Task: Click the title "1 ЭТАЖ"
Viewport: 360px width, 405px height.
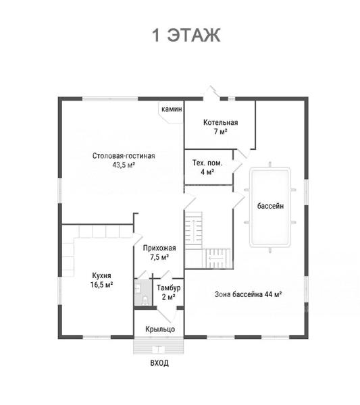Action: [186, 35]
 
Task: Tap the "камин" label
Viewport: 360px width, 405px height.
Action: [172, 109]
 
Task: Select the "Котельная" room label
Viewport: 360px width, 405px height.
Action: [220, 122]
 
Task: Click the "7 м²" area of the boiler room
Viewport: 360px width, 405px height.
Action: [220, 132]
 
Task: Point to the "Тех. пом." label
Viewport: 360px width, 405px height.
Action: [207, 163]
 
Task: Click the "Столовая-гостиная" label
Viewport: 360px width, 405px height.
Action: [124, 156]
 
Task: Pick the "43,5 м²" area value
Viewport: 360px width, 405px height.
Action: [124, 165]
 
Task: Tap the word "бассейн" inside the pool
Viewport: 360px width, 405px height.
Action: [270, 206]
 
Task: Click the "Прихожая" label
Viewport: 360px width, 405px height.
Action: [159, 248]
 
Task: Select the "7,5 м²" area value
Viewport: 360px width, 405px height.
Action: [159, 257]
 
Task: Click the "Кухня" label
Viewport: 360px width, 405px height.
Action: [101, 275]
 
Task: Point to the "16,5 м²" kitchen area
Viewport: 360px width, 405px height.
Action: [101, 285]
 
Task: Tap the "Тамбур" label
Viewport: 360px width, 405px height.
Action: [168, 288]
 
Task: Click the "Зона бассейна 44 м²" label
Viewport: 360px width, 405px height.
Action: [249, 294]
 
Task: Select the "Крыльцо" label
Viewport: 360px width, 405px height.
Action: [160, 329]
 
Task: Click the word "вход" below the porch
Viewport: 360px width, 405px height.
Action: [159, 363]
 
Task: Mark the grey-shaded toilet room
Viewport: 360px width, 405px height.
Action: [143, 292]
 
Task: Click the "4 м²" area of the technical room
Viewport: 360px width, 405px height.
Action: [207, 171]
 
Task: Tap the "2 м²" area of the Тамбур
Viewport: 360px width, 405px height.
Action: [168, 297]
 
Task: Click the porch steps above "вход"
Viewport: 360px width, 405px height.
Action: [159, 346]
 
